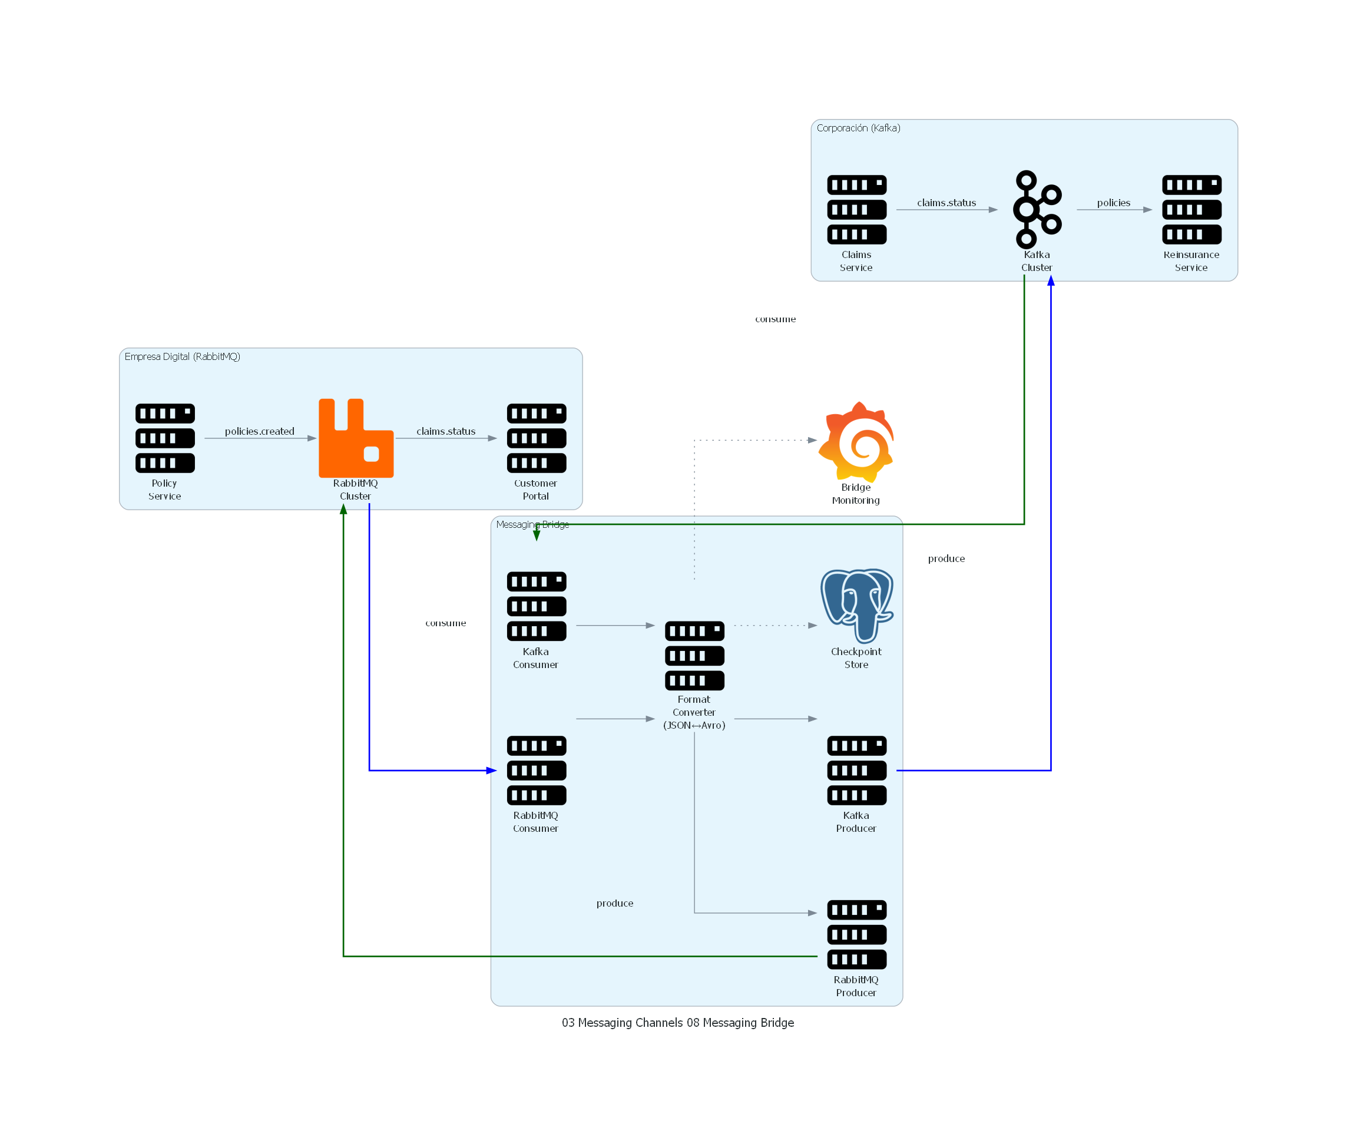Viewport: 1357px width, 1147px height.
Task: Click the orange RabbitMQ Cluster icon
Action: click(x=356, y=438)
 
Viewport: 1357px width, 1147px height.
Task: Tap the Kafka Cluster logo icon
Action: click(x=1037, y=209)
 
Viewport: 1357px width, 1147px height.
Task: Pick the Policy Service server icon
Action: click(x=165, y=438)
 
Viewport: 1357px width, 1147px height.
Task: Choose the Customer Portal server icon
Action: click(x=536, y=438)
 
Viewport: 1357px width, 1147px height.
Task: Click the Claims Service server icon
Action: click(x=856, y=209)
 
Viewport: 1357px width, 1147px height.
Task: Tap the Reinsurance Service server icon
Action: click(x=1191, y=209)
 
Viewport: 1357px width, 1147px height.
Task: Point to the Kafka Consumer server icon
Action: click(x=536, y=606)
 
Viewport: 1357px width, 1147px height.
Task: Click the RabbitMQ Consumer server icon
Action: click(x=536, y=770)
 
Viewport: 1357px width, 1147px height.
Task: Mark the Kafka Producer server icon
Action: click(x=856, y=770)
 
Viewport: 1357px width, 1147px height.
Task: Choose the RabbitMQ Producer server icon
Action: click(x=856, y=934)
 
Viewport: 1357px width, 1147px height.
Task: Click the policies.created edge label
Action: click(x=259, y=431)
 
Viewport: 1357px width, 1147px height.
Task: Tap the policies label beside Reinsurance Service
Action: click(x=1113, y=203)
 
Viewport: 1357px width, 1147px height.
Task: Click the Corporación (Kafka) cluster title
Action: click(x=858, y=128)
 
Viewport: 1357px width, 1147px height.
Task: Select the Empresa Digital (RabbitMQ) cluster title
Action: click(x=182, y=356)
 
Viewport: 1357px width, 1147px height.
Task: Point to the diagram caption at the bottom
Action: click(x=678, y=1022)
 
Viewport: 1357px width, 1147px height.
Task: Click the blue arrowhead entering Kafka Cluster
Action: click(x=1050, y=281)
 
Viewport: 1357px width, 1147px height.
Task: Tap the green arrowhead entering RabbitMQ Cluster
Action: click(x=343, y=509)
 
